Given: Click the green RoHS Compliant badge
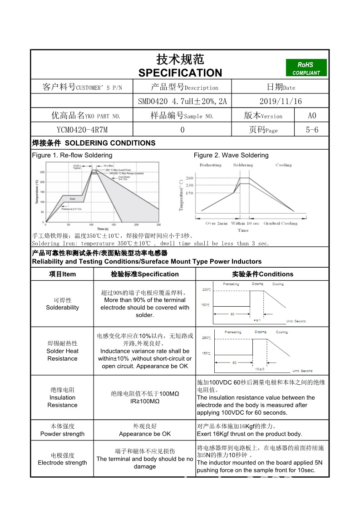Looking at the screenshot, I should click(x=306, y=68).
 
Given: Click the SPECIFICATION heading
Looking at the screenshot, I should click(x=180, y=73).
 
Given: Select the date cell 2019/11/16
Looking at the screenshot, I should click(x=280, y=101).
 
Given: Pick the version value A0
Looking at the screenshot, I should click(x=312, y=116).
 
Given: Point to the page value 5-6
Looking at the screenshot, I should click(x=312, y=130).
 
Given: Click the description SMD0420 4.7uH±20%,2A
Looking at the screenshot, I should click(x=182, y=101).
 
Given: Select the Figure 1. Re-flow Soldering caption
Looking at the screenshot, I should click(x=72, y=155).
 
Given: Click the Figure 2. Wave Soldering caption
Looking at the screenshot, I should click(x=231, y=155).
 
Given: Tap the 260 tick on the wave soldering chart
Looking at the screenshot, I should click(x=189, y=178).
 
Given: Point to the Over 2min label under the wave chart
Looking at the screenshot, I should click(x=216, y=223).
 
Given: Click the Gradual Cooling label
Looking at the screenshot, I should click(x=280, y=223).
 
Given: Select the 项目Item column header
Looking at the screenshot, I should click(x=62, y=274).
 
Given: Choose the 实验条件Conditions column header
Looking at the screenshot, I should click(x=262, y=274).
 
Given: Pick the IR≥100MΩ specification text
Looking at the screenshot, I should click(x=145, y=401).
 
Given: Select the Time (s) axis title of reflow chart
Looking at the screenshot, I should click(x=103, y=229).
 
